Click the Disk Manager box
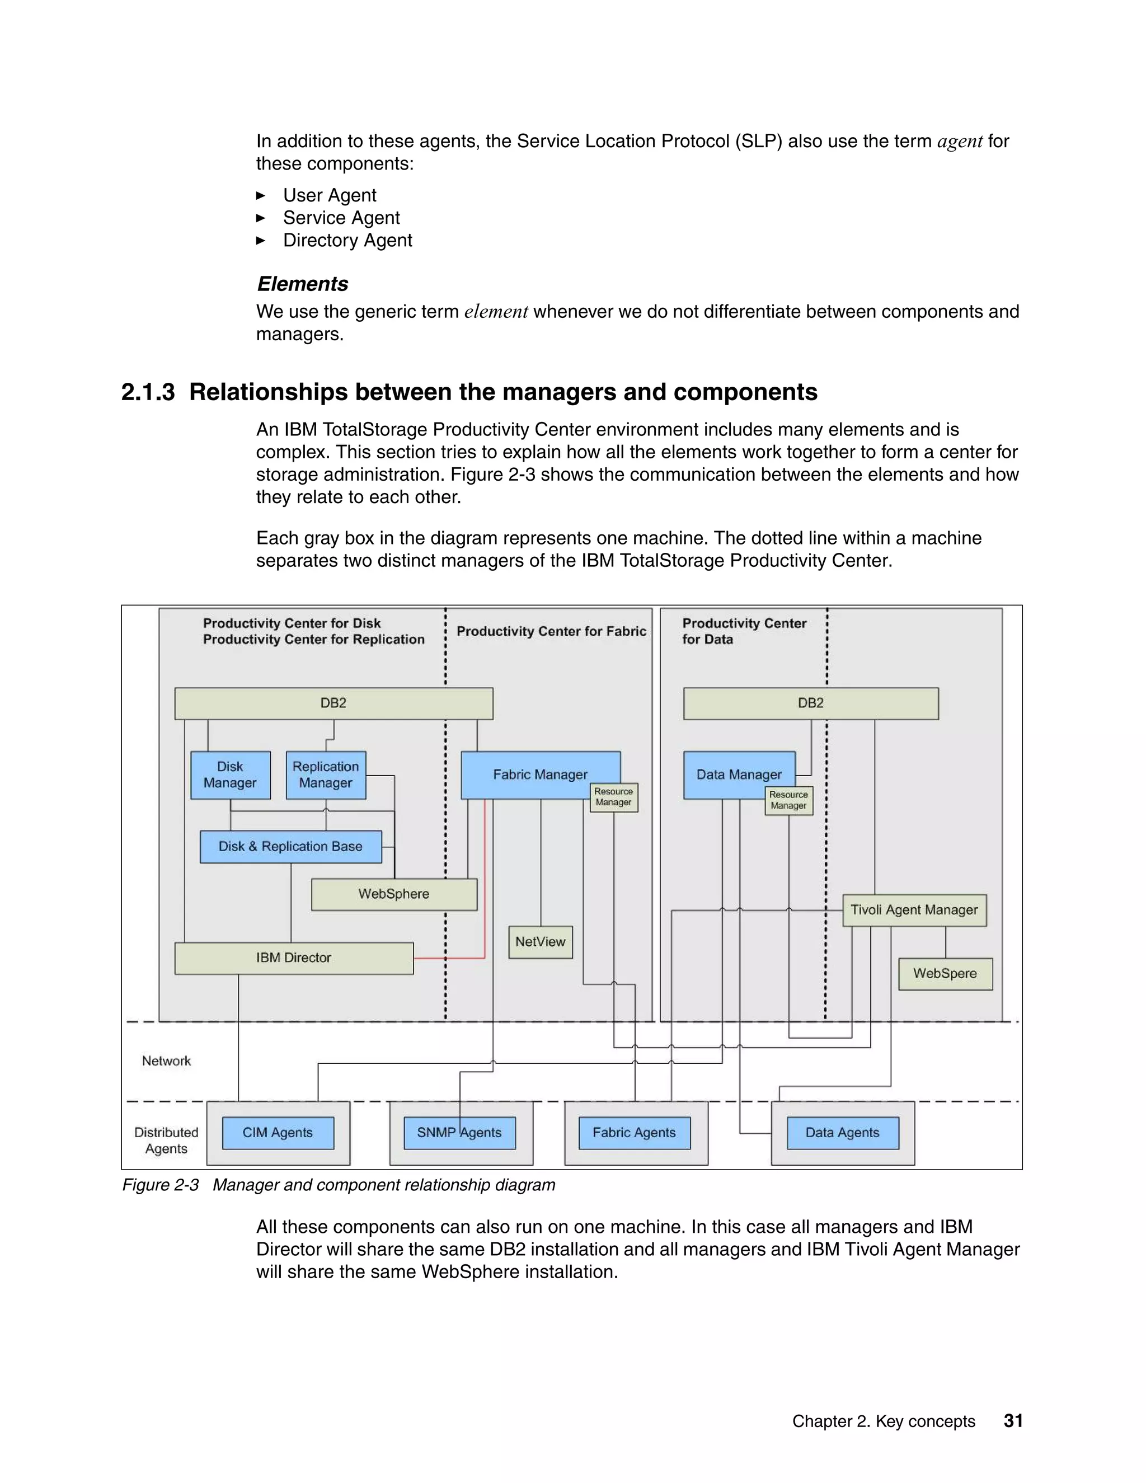pyautogui.click(x=230, y=775)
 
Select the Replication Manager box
pyautogui.click(x=325, y=775)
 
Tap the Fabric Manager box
pyautogui.click(x=540, y=774)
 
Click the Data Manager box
pyautogui.click(x=739, y=774)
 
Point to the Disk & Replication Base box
pyautogui.click(x=290, y=847)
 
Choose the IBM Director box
pyautogui.click(x=293, y=958)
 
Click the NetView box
pyautogui.click(x=540, y=942)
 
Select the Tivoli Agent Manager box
pyautogui.click(x=914, y=910)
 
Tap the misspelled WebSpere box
pyautogui.click(x=945, y=973)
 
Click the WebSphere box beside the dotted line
pyautogui.click(x=394, y=894)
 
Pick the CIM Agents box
pyautogui.click(x=278, y=1133)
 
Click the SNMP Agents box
pyautogui.click(x=459, y=1133)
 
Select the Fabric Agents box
pyautogui.click(x=634, y=1133)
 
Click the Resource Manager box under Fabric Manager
pyautogui.click(x=614, y=797)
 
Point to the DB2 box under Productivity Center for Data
pyautogui.click(x=811, y=703)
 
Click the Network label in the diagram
pyautogui.click(x=166, y=1060)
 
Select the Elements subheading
pyautogui.click(x=303, y=284)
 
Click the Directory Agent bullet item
pyautogui.click(x=347, y=241)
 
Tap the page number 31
pyautogui.click(x=1013, y=1420)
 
